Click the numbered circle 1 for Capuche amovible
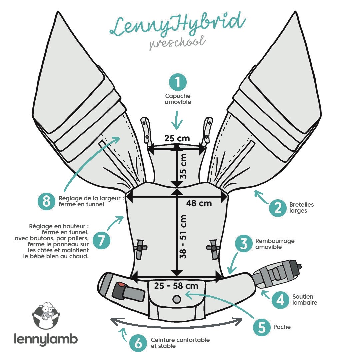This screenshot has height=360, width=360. click(178, 82)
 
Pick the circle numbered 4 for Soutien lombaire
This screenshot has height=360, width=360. click(281, 300)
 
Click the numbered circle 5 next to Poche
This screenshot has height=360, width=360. click(262, 327)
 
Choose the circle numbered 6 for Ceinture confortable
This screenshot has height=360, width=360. click(138, 343)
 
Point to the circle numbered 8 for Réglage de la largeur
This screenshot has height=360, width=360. click(46, 201)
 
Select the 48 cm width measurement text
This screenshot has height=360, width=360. click(199, 203)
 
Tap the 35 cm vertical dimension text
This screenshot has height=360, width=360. click(183, 166)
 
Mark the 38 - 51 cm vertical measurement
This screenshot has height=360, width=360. click(183, 237)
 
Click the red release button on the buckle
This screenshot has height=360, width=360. click(121, 285)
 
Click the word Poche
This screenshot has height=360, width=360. click(282, 327)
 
